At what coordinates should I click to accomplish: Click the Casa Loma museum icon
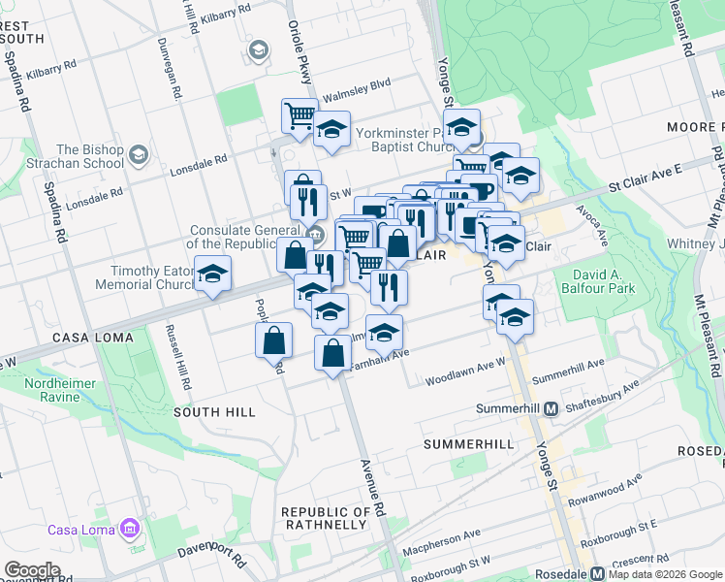point(128,530)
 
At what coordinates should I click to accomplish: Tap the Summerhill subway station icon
point(552,408)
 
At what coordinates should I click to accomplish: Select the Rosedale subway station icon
point(598,572)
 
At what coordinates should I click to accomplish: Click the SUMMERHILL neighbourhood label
point(469,443)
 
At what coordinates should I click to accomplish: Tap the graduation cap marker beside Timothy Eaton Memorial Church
point(212,274)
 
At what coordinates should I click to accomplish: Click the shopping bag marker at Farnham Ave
point(332,353)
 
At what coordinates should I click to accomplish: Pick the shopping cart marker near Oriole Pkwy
point(299,115)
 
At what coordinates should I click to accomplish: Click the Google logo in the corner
point(32,570)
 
